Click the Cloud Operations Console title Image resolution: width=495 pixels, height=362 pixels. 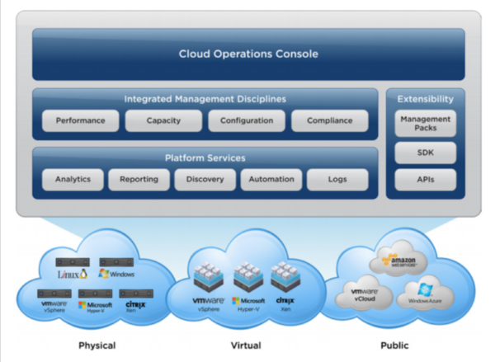(x=248, y=54)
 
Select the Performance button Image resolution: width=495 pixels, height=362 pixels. (x=80, y=121)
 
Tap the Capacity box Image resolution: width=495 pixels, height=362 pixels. (x=163, y=121)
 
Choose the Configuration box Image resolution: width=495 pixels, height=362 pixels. (x=246, y=121)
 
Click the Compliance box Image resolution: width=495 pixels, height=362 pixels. (x=329, y=121)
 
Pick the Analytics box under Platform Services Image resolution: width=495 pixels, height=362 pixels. (x=73, y=179)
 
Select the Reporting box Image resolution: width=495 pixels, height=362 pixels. (x=139, y=179)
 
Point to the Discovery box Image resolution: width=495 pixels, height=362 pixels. (x=205, y=179)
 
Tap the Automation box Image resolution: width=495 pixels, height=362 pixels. (x=271, y=179)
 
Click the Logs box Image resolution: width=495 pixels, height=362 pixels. (x=337, y=179)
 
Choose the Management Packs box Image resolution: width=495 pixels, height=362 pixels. (x=425, y=125)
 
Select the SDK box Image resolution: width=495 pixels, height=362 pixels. (x=425, y=153)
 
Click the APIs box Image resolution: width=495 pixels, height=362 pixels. (x=425, y=179)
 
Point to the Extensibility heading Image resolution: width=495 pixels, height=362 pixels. (x=425, y=99)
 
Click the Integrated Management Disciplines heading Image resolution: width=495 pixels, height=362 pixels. (x=205, y=99)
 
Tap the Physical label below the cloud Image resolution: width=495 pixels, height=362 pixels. (x=96, y=346)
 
